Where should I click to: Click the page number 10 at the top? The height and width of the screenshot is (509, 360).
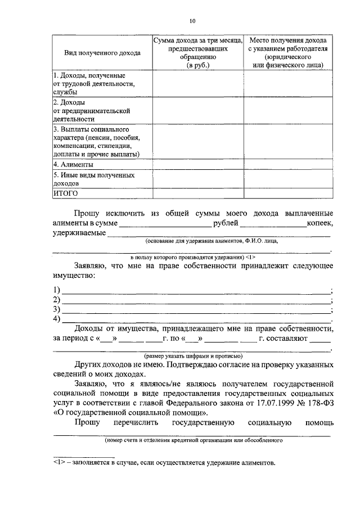[x=192, y=21]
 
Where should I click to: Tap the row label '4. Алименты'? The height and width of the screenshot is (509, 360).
[x=73, y=165]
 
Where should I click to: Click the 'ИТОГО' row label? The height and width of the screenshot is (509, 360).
[x=65, y=193]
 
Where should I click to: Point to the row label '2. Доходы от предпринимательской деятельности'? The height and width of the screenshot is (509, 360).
[x=85, y=111]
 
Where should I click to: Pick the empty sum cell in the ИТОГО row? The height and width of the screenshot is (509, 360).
[x=198, y=193]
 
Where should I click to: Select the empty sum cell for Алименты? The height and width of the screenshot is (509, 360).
[x=198, y=165]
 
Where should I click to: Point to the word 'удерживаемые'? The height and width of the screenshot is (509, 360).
[x=78, y=233]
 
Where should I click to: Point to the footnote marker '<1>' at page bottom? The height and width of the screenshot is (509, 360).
[x=59, y=463]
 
